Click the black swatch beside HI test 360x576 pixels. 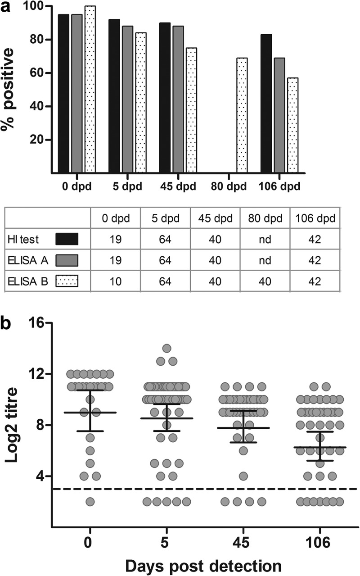point(67,239)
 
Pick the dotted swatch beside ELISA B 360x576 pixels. point(67,282)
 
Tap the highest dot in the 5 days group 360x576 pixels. point(166,348)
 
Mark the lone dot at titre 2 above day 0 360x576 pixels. point(90,501)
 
